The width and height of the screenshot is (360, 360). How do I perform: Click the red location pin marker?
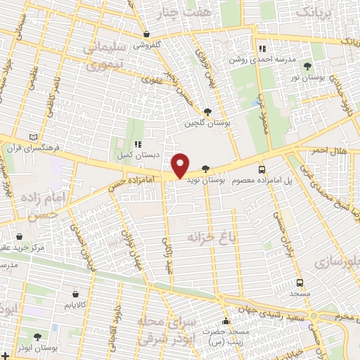(x=181, y=165)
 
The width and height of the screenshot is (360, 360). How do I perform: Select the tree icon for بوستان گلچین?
(x=207, y=112)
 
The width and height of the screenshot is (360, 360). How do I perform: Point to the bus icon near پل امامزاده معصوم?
(x=262, y=169)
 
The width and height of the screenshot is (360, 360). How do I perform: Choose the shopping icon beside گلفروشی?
(x=146, y=34)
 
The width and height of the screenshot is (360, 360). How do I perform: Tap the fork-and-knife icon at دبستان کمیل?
(x=138, y=143)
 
